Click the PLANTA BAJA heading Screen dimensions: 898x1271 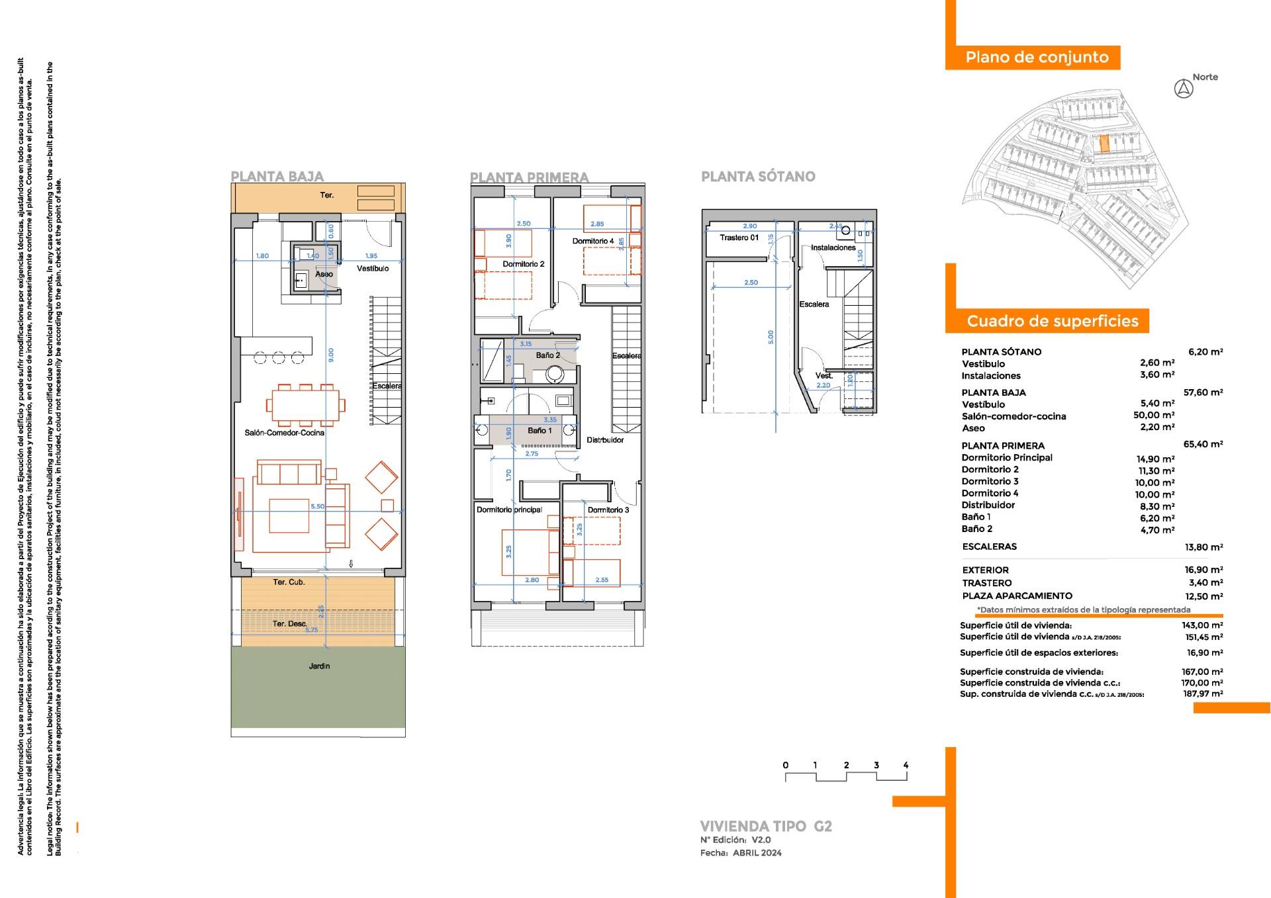coord(277,177)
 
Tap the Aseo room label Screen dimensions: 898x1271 coord(324,274)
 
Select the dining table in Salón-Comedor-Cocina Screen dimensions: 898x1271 coord(305,405)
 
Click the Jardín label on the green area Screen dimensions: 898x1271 coord(319,666)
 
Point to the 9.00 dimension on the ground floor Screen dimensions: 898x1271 coord(331,355)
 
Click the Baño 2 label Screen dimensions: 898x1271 coord(547,355)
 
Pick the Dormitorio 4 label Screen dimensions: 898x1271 coord(593,241)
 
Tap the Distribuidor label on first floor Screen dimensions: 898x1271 coord(604,440)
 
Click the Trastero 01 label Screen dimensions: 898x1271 coord(739,238)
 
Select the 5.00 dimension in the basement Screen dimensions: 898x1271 coord(770,337)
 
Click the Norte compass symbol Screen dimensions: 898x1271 coord(1183,89)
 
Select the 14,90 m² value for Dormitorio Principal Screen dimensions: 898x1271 coord(1155,459)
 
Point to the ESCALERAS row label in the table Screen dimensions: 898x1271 coord(989,547)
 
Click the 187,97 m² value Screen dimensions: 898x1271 coord(1202,694)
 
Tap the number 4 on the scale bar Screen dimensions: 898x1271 coord(906,765)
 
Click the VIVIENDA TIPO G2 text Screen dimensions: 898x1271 coord(765,826)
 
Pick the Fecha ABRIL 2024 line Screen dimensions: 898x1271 coord(740,853)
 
